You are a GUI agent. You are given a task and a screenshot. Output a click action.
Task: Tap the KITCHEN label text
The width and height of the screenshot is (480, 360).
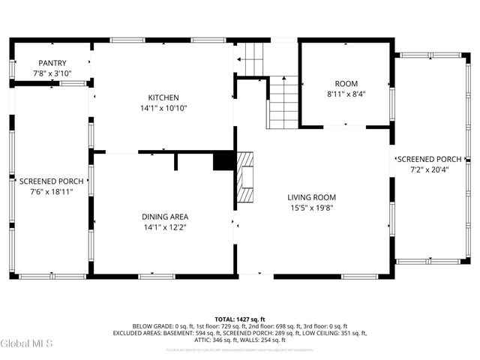[163, 97]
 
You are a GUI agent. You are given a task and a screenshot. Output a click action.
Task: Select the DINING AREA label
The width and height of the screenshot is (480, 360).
[165, 217]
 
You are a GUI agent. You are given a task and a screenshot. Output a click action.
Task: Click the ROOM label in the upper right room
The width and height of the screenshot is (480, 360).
[346, 83]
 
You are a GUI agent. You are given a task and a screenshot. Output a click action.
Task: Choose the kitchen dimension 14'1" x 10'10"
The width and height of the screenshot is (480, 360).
[163, 108]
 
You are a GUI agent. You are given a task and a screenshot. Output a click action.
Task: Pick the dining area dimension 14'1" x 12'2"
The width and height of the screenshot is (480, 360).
[165, 227]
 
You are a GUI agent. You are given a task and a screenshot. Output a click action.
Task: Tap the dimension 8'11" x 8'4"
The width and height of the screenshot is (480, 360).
[346, 94]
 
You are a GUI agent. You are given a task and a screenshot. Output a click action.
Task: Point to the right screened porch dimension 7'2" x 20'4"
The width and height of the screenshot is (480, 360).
[430, 169]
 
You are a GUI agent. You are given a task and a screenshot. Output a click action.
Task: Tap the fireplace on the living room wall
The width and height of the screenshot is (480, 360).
[245, 178]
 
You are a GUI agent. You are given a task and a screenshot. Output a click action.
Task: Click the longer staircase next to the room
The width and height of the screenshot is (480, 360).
[283, 103]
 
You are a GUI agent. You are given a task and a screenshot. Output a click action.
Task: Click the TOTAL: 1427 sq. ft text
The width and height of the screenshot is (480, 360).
[240, 319]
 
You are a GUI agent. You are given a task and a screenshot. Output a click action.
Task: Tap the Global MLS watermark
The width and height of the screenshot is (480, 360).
[27, 343]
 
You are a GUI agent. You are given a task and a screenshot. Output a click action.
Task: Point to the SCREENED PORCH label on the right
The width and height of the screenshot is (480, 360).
[430, 159]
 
